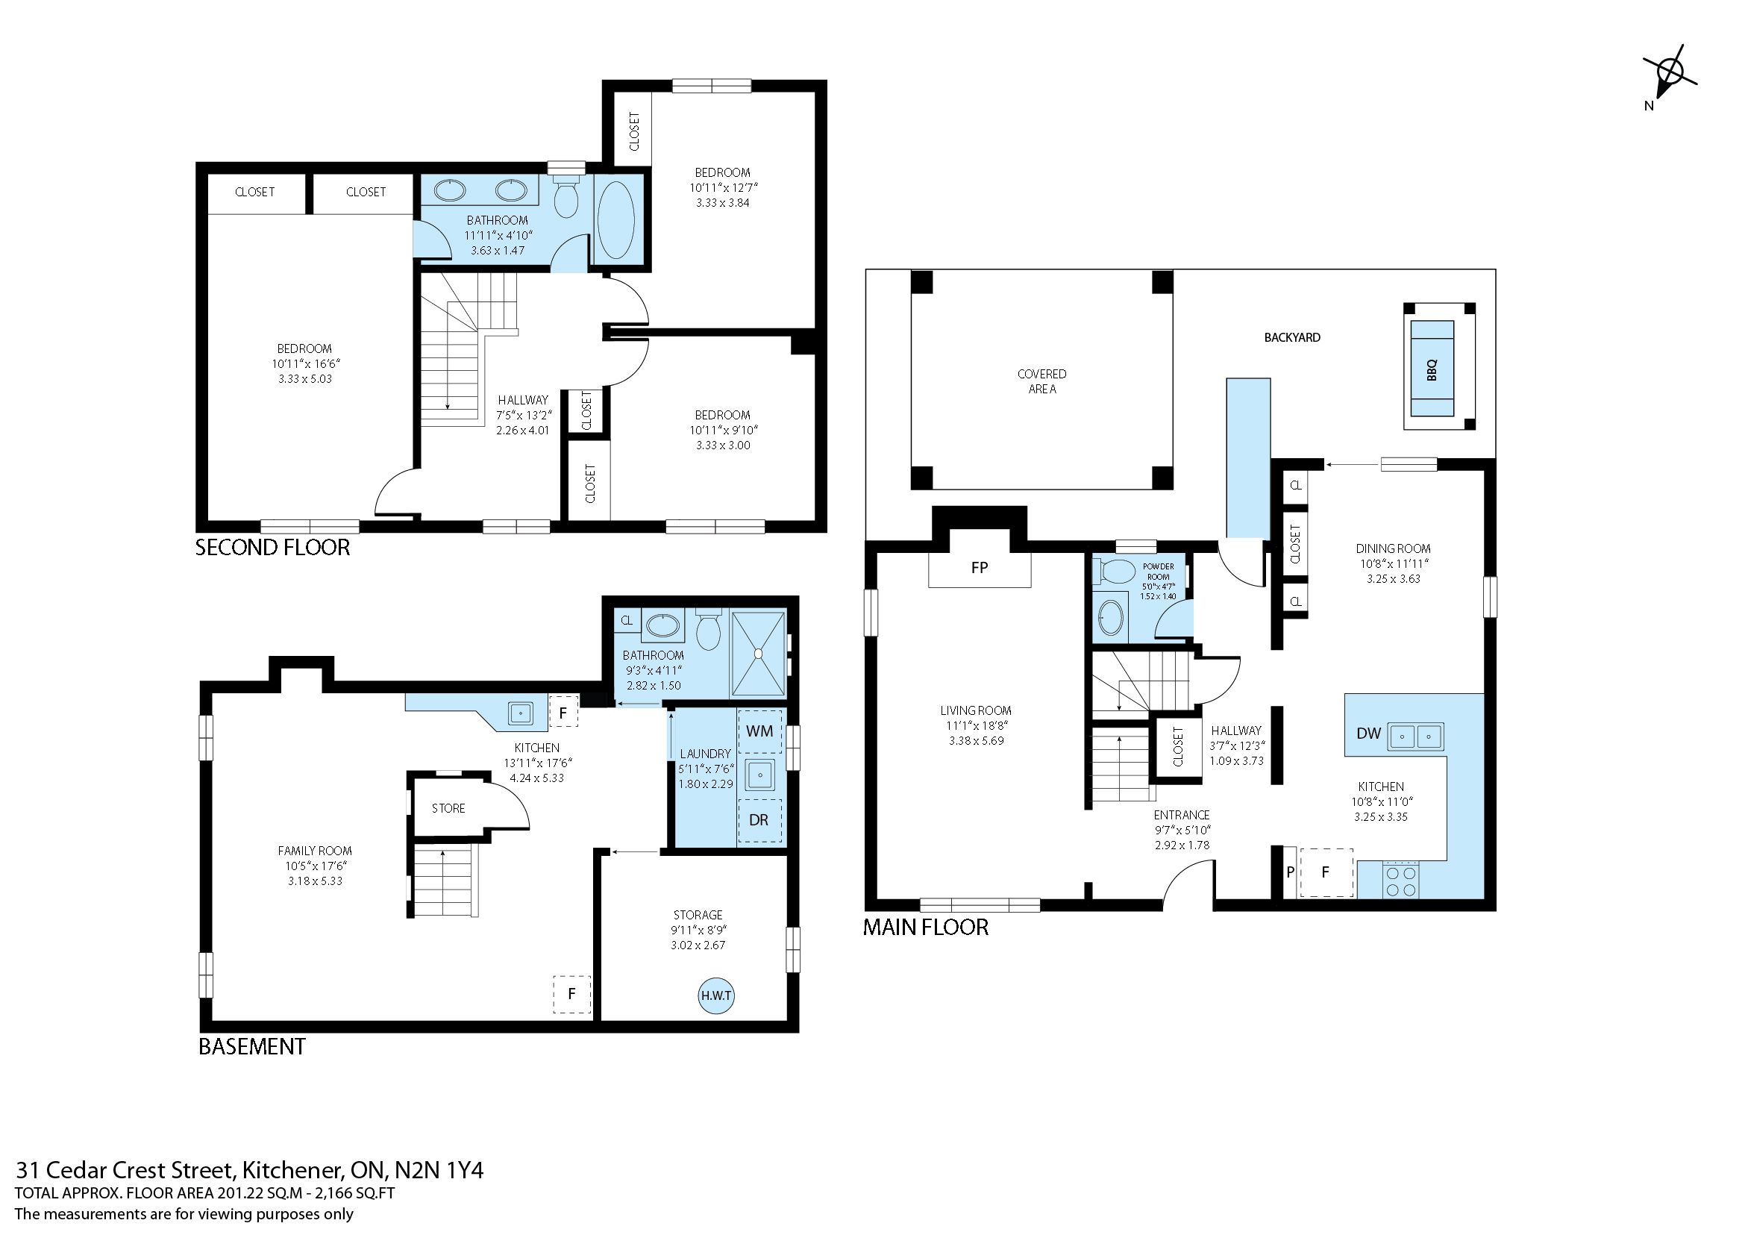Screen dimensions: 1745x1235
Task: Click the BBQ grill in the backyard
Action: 1432,369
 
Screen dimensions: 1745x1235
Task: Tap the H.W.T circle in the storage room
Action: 716,995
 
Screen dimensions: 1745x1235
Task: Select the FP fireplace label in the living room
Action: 980,567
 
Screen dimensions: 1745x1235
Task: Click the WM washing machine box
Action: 759,731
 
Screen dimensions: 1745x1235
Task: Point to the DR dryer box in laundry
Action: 759,821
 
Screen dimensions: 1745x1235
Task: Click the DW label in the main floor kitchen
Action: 1369,734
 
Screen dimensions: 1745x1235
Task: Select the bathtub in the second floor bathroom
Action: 616,221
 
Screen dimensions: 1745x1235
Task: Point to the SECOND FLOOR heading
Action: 272,548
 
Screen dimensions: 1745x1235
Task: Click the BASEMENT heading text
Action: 251,1046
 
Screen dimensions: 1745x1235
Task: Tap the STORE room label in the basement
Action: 448,808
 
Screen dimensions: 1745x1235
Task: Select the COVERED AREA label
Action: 1041,381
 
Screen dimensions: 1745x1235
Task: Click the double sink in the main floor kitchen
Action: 1416,736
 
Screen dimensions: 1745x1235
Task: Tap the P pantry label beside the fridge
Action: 1290,872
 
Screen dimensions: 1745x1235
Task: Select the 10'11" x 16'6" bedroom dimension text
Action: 305,363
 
